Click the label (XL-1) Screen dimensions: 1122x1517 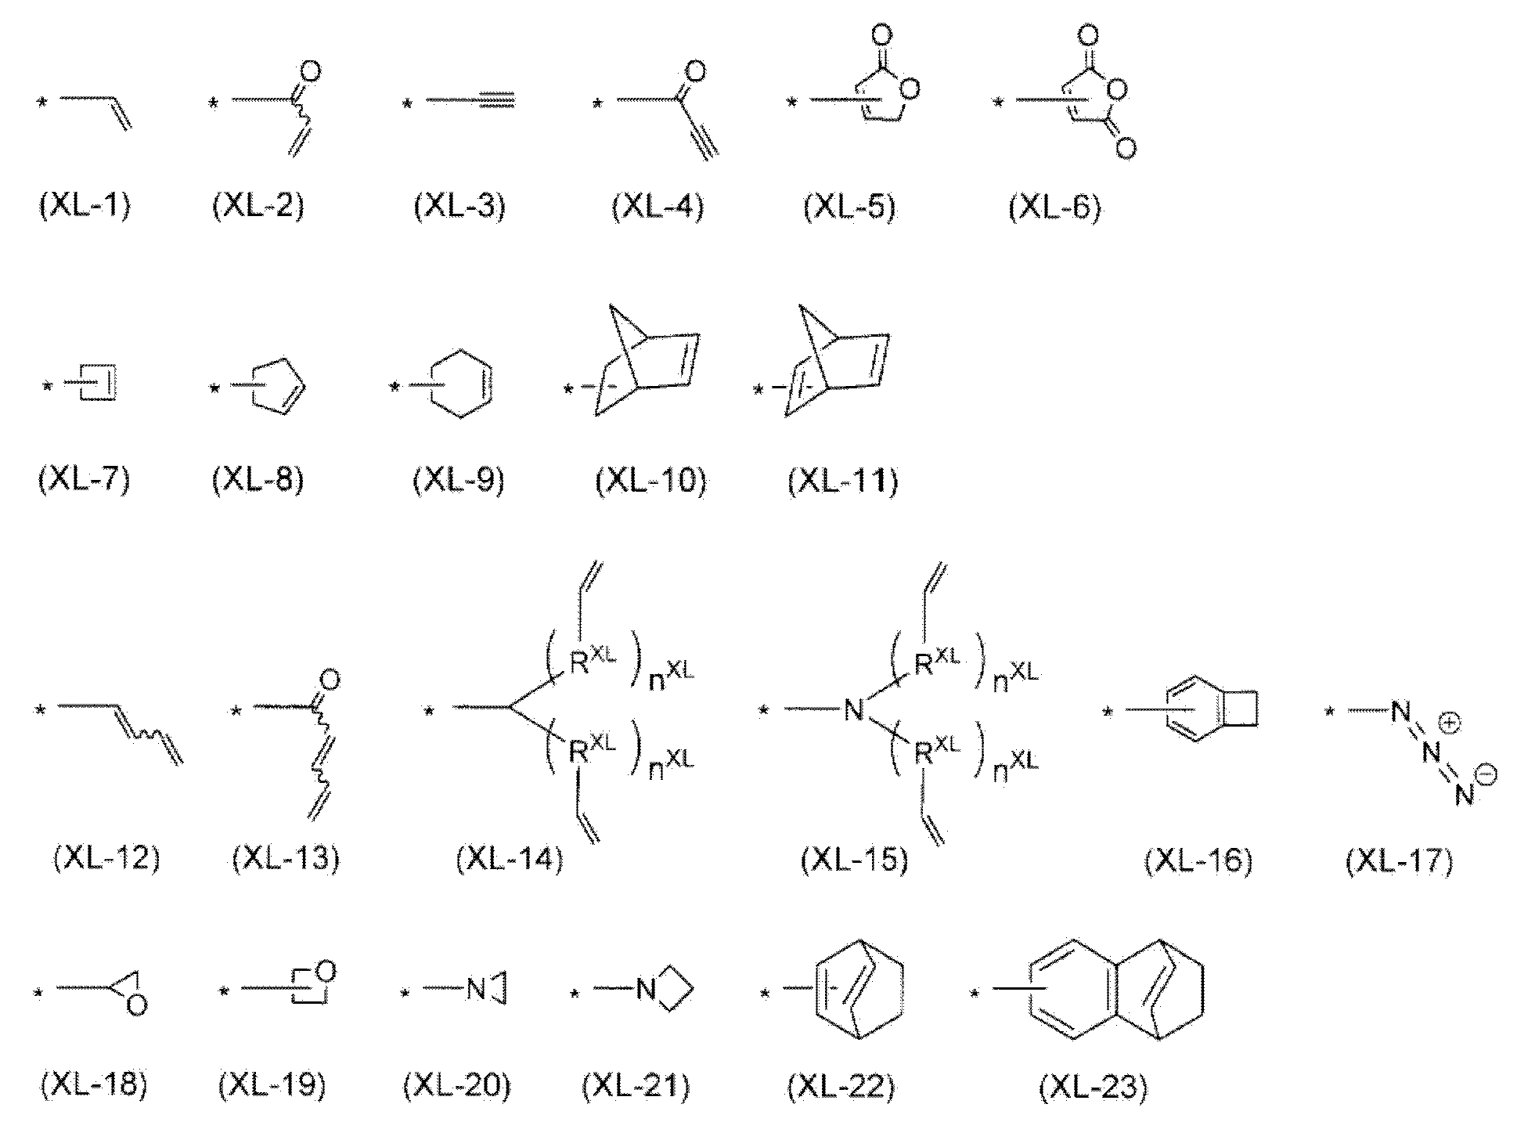pos(85,207)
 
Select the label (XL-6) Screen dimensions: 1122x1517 pos(1054,207)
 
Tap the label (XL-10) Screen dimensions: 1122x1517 pos(650,480)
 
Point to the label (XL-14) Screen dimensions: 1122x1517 pos(509,860)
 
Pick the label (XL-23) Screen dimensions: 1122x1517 pos(1094,1086)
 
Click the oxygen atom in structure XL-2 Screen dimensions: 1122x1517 pos(310,73)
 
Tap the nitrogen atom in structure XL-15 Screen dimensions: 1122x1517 pos(854,711)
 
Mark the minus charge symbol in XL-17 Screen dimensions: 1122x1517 pos(1486,774)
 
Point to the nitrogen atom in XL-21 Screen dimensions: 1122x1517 pos(646,990)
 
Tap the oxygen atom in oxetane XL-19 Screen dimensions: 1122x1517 pos(326,972)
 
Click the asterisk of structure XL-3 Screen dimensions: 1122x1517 pos(406,104)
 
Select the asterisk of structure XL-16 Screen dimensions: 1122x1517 pos(1108,713)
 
